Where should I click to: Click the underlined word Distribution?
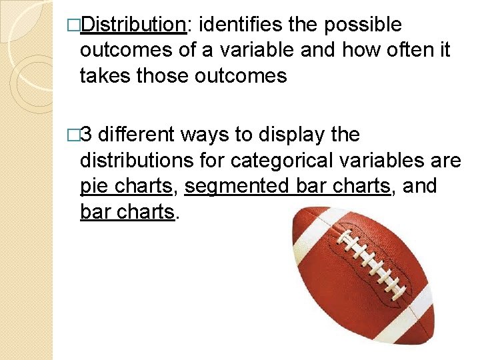pos(133,25)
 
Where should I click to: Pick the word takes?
pos(105,76)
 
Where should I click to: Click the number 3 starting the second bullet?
pos(91,135)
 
